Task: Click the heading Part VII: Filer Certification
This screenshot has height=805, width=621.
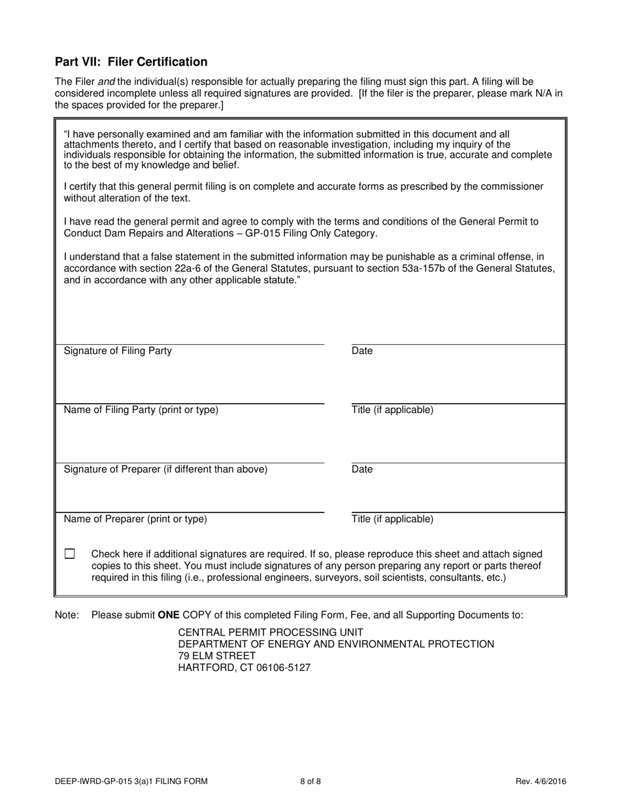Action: pos(131,62)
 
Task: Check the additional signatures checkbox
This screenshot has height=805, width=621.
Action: pos(70,554)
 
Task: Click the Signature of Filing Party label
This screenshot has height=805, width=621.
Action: pos(118,351)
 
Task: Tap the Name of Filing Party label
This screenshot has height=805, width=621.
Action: pos(141,410)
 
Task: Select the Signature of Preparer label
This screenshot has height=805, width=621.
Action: pos(165,469)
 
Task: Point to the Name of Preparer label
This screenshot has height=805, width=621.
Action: pos(135,519)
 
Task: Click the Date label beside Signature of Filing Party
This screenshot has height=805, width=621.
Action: pos(362,351)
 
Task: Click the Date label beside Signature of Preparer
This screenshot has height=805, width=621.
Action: pos(362,469)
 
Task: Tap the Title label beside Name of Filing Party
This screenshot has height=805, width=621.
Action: pos(392,410)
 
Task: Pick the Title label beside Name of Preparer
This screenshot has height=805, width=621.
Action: pos(392,519)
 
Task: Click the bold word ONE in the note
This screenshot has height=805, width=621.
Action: pos(169,615)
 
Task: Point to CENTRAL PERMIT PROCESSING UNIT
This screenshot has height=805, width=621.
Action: pos(271,632)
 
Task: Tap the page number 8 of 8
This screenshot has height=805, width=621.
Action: pos(310,781)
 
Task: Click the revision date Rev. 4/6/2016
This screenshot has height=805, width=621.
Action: pos(541,781)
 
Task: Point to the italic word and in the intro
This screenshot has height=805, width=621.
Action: pos(106,82)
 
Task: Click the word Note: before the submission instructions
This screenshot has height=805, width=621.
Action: pos(67,615)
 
